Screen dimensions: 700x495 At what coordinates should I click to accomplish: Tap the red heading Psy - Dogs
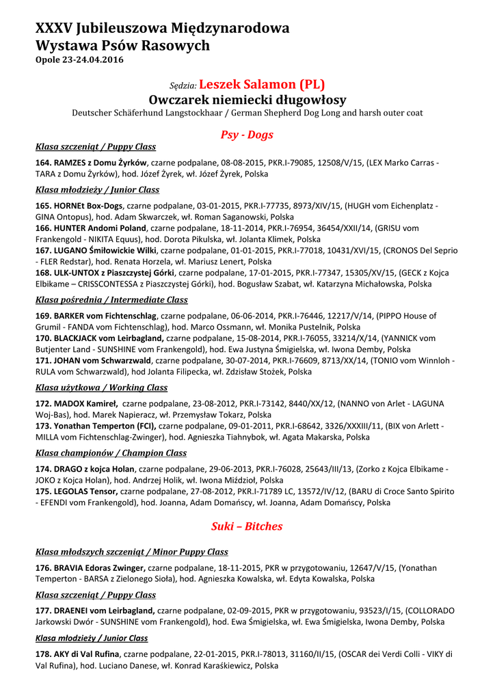tap(247, 135)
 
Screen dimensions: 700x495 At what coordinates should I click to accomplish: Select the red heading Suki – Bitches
tap(247, 526)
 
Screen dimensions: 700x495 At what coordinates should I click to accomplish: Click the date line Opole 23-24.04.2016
tap(79, 60)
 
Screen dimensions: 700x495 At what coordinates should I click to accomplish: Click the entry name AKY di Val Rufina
tap(85, 654)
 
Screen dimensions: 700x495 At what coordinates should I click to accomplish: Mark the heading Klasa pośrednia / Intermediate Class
tap(111, 300)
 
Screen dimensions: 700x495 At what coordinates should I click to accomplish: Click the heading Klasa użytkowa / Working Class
tap(101, 388)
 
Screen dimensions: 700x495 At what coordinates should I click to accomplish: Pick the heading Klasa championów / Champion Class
tap(111, 453)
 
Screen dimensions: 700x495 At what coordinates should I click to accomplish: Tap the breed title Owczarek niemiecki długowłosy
tap(247, 100)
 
